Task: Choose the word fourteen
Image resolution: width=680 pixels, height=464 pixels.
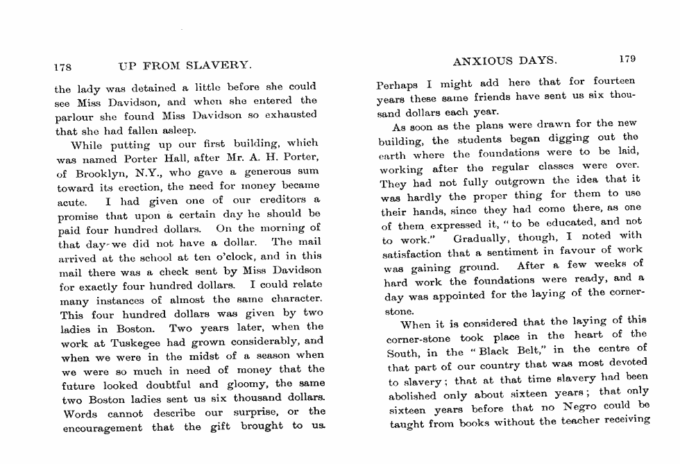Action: point(611,81)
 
